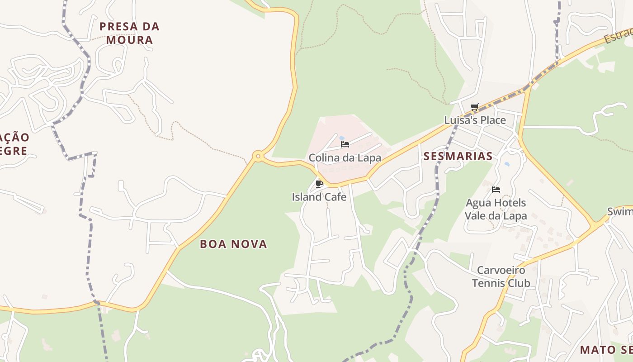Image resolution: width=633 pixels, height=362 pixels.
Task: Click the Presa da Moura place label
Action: [x=129, y=33]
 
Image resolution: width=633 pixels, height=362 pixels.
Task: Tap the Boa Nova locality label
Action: [x=233, y=244]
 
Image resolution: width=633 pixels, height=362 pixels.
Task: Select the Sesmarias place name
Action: [x=458, y=157]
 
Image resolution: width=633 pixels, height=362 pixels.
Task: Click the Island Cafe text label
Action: [x=319, y=197]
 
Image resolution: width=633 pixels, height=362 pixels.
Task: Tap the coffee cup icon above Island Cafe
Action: [x=319, y=183]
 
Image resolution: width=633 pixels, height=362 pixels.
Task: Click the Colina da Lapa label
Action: [x=345, y=158]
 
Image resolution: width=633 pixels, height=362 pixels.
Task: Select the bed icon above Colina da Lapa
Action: [x=345, y=144]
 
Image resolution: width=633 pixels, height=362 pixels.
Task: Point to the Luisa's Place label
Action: [x=475, y=120]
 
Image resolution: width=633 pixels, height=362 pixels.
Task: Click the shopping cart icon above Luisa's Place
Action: [x=474, y=107]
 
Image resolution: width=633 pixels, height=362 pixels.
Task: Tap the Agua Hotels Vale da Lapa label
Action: [x=496, y=209]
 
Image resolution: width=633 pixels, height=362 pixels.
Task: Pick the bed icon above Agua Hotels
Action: [x=496, y=189]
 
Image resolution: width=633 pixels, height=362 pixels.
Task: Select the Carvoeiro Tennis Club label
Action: [x=501, y=277]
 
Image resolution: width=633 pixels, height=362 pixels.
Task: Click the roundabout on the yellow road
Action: [x=258, y=157]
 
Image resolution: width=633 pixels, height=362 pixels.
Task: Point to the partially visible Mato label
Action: [x=606, y=350]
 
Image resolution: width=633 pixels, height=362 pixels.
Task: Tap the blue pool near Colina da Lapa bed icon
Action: [x=342, y=138]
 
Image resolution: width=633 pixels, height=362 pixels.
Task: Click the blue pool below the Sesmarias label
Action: [x=507, y=164]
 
